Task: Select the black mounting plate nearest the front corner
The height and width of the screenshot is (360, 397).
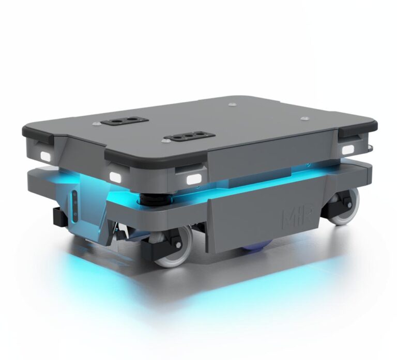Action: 188,137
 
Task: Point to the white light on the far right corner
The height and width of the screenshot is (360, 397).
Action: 347,149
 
